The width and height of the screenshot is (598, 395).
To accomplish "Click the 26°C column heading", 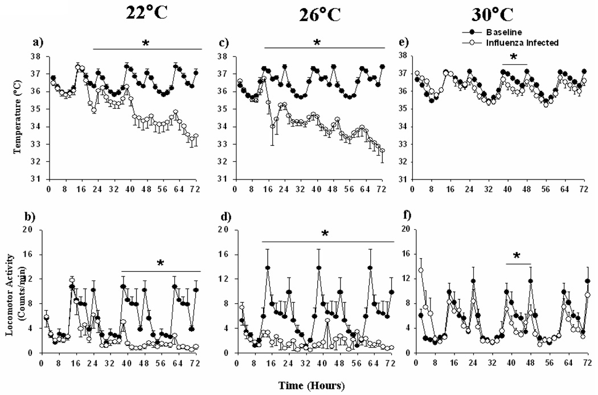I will [320, 15].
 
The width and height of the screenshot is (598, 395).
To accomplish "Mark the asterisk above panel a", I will [146, 43].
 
